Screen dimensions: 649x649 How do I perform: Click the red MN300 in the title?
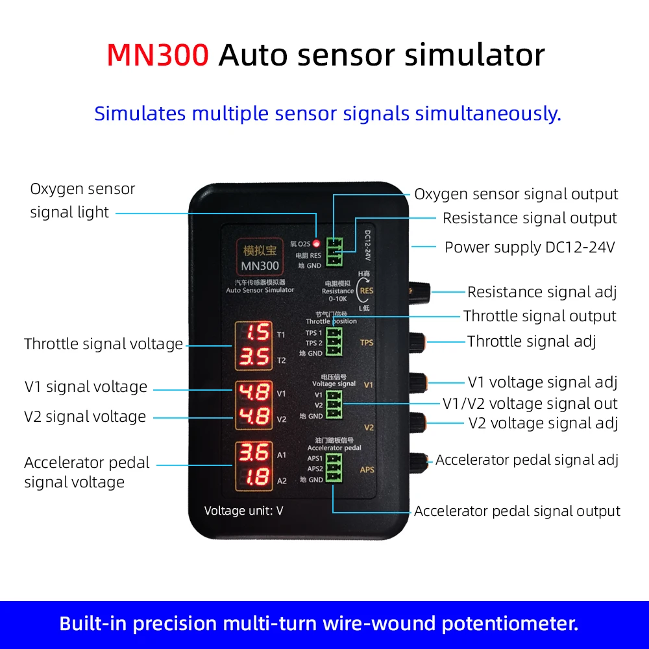point(158,55)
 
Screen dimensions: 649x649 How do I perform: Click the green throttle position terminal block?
point(334,343)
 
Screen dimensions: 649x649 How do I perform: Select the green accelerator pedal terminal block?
point(334,468)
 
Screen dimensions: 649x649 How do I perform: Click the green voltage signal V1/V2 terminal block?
point(334,405)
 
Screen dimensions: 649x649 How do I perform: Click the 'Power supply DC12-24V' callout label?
point(530,247)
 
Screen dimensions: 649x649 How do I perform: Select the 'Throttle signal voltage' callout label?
point(103,344)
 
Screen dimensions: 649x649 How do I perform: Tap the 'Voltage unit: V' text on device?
point(243,511)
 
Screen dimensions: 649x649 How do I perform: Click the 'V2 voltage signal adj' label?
point(543,423)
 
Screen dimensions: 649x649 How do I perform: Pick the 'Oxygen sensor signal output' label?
point(516,194)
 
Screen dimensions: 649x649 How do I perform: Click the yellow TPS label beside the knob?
point(367,343)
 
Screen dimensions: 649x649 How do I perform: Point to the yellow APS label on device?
point(367,469)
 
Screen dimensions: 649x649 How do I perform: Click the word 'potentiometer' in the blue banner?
point(509,624)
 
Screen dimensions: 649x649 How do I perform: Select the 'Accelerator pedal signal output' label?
point(517,511)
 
